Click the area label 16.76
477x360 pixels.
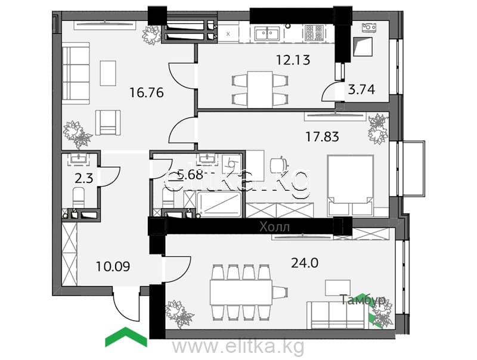(147, 92)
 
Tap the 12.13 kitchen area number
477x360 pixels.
(293, 60)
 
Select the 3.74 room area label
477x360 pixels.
(361, 89)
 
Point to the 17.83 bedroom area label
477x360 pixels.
(322, 137)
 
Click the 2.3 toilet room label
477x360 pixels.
(84, 179)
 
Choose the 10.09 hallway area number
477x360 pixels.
(113, 266)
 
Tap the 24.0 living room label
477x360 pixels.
(305, 263)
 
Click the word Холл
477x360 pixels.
(275, 227)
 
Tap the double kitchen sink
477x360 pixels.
(267, 33)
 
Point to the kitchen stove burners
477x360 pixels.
(314, 32)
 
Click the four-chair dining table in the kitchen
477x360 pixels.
(260, 89)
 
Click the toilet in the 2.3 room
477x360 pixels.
(78, 198)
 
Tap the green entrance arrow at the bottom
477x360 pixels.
(126, 337)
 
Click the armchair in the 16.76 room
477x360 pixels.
(108, 123)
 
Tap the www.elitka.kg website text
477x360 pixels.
(238, 346)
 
